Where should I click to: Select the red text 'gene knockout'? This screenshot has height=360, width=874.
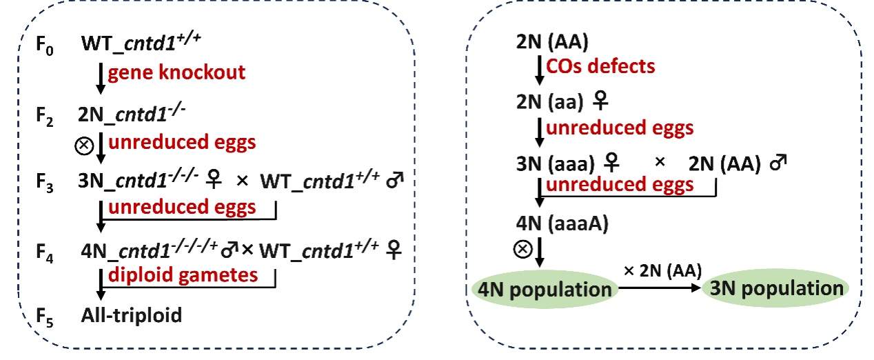[x=176, y=73]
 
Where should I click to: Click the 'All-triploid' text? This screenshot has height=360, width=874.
[x=132, y=315]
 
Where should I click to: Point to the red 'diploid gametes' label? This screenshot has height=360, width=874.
[x=183, y=274]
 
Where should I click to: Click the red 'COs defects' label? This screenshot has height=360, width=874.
[x=600, y=67]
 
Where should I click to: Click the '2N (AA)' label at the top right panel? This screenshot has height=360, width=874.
[x=551, y=42]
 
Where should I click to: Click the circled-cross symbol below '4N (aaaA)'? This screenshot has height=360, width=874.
[x=523, y=249]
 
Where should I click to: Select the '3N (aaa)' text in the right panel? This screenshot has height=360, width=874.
[x=556, y=165]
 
